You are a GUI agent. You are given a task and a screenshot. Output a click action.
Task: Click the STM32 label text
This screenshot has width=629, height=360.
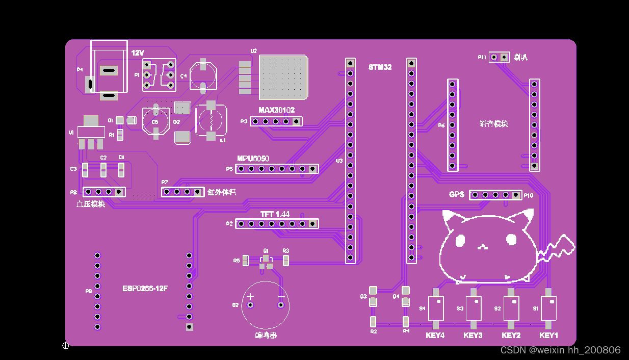[x=380, y=67]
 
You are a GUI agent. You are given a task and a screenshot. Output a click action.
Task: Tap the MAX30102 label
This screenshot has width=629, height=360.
[x=276, y=110]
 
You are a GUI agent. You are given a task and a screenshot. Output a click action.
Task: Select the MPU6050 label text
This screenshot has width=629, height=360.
[x=253, y=159]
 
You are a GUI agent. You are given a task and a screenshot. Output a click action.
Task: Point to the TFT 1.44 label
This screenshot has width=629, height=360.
[x=275, y=215]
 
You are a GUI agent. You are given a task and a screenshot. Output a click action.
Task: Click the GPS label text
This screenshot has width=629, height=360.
[x=457, y=195]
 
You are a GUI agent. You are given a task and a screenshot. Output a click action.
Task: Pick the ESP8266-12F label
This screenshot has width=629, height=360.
[x=145, y=289]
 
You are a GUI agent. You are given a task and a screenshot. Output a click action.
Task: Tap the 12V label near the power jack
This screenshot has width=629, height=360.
[x=138, y=53]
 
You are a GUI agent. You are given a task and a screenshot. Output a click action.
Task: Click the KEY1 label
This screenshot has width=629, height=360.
[x=548, y=336]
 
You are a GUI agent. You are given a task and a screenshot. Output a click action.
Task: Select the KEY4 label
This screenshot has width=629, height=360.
[x=435, y=336]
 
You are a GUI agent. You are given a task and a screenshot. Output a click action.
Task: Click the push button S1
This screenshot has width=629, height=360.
[x=548, y=308]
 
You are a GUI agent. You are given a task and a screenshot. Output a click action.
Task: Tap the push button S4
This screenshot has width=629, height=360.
[x=436, y=308]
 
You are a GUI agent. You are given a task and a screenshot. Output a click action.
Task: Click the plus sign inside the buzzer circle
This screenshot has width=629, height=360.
[x=250, y=296]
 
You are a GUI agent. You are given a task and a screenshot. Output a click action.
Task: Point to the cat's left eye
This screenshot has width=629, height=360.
[x=461, y=240]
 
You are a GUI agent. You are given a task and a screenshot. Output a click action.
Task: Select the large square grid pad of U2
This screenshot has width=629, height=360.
[x=283, y=77]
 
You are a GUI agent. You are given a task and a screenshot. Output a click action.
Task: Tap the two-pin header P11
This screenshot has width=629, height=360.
[x=499, y=57]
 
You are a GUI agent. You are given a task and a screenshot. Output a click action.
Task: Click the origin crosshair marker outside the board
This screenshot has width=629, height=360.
[x=65, y=346]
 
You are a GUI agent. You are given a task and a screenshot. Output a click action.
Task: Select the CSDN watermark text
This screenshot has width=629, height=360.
[x=560, y=350]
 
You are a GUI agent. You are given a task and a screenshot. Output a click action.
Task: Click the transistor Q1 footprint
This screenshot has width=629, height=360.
[x=266, y=262]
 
